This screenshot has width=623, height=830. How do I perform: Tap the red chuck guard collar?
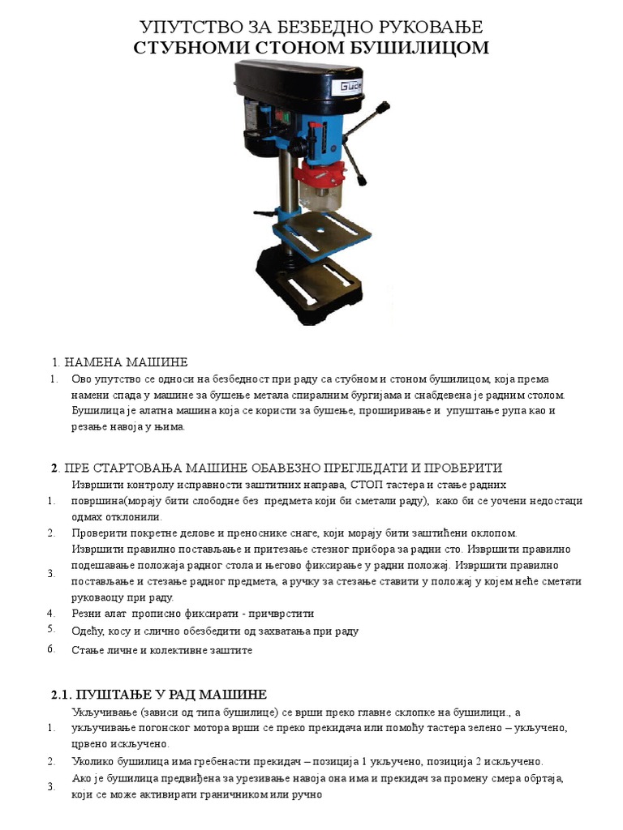point(321,173)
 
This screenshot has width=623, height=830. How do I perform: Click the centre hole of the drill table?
point(320,229)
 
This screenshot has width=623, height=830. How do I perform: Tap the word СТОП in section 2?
point(369,485)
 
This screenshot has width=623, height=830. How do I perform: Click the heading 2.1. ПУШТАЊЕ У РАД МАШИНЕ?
point(159,695)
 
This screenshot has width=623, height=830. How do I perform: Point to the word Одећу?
point(87,631)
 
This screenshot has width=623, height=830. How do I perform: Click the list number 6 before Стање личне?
point(50,649)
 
